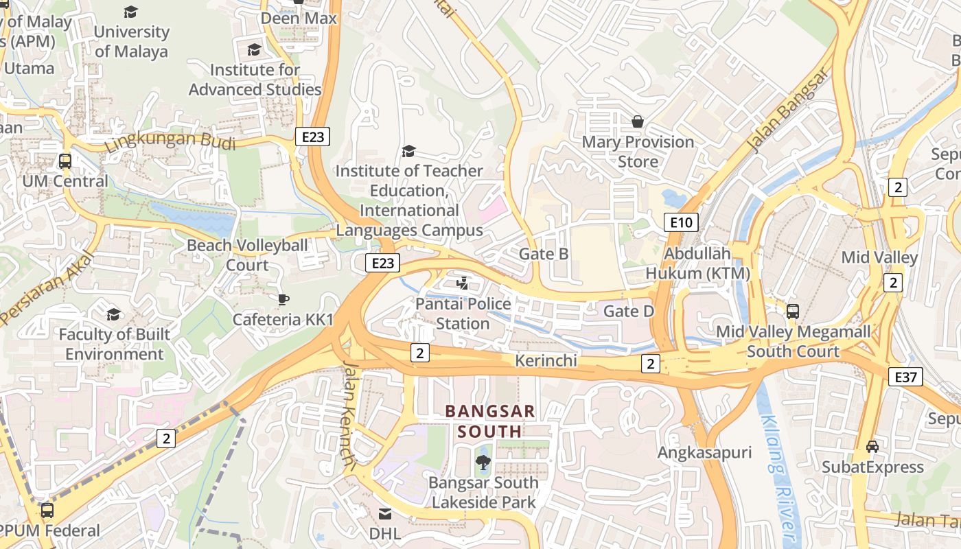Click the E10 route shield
[x=682, y=222]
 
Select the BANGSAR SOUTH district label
[x=489, y=421]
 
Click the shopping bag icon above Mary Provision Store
[x=638, y=121]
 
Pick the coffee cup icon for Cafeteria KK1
[x=283, y=299]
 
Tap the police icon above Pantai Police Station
[x=463, y=283]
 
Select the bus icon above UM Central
[x=65, y=161]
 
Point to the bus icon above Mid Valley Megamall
[x=793, y=311]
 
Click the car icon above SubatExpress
[x=872, y=446]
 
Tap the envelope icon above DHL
[x=385, y=513]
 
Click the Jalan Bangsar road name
[x=787, y=111]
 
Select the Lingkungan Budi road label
[x=170, y=142]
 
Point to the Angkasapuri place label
[x=704, y=452]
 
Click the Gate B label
[x=543, y=254]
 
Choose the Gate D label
[x=628, y=312]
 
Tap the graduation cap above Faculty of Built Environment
[x=113, y=314]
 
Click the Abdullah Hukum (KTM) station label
[x=697, y=264]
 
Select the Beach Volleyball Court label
[x=247, y=255]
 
